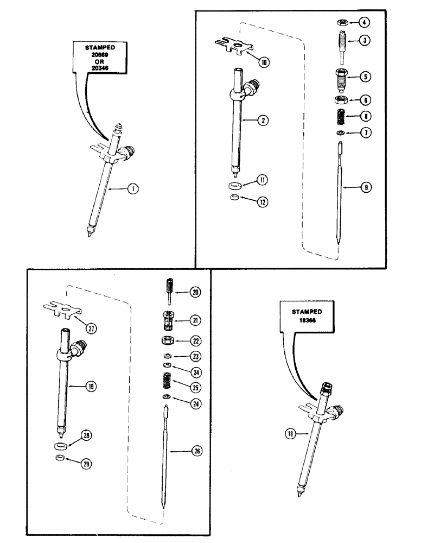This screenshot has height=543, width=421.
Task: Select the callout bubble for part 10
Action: (264, 62)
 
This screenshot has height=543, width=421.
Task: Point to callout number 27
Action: (93, 329)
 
